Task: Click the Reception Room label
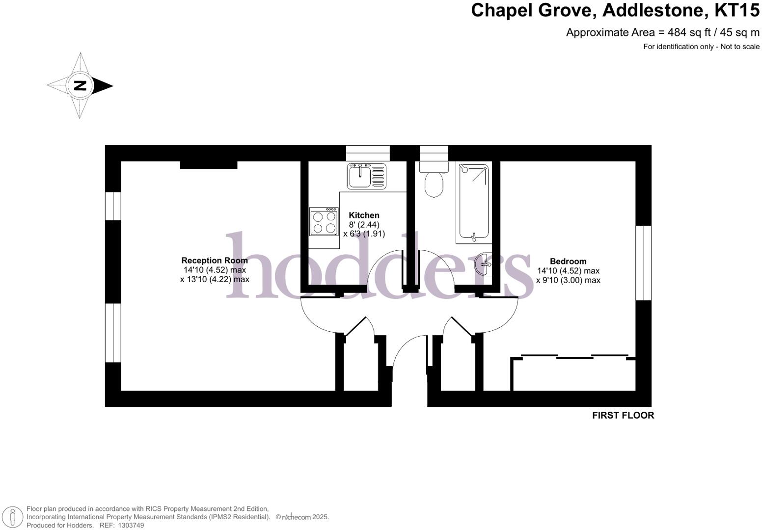[x=215, y=261]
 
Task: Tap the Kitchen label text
[x=364, y=215]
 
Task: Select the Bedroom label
[x=568, y=262]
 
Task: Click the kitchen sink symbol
[x=367, y=176]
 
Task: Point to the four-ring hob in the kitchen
[x=324, y=222]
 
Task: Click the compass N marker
[x=80, y=86]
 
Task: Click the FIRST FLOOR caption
[x=623, y=415]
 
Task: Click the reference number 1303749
[x=129, y=525]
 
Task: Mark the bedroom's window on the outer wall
[x=643, y=263]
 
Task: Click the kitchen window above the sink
[x=368, y=153]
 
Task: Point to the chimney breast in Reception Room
[x=209, y=165]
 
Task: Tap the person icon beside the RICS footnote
[x=13, y=517]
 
